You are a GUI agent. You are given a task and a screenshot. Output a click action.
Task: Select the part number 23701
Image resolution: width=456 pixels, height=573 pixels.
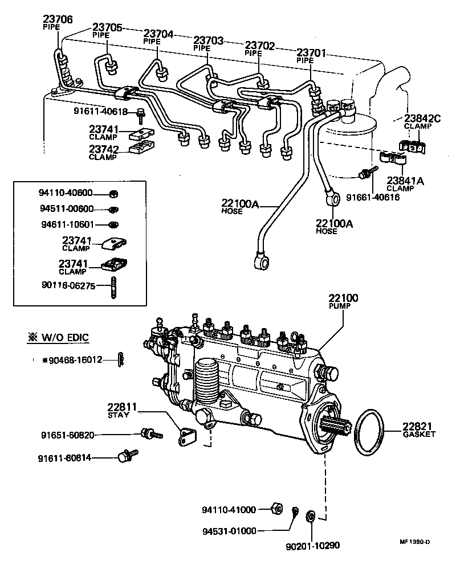(311, 53)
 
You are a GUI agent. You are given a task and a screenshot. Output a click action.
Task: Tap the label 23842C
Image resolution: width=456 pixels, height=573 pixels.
(423, 119)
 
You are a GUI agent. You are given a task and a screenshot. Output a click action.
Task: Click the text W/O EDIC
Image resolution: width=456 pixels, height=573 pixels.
(64, 338)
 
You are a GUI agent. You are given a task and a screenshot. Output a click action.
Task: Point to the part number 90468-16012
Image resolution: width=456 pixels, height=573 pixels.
(71, 359)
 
